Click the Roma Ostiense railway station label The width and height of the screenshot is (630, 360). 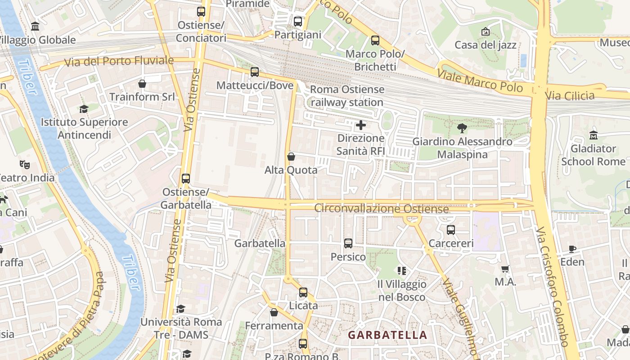click(346, 96)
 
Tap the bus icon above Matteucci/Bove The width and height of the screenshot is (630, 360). click(255, 72)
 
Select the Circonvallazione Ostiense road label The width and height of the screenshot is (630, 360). click(381, 209)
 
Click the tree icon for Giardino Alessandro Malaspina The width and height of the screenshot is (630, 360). click(462, 128)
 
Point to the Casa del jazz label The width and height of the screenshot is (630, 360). click(486, 45)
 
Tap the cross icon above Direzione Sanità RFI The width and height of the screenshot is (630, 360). click(361, 125)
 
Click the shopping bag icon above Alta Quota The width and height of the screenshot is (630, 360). click(291, 157)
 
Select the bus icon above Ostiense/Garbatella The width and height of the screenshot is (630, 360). click(185, 179)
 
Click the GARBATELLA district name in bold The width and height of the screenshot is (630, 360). click(387, 335)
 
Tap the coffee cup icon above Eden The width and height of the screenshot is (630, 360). click(572, 249)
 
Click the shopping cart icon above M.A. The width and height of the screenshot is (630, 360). click(505, 269)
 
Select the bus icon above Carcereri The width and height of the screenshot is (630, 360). click(451, 230)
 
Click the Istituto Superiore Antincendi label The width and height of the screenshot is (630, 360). click(84, 128)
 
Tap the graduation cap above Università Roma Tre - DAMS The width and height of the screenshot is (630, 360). click(180, 309)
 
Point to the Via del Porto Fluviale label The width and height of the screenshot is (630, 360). click(119, 61)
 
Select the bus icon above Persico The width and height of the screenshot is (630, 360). click(348, 243)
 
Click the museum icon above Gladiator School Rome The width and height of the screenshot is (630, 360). click(593, 135)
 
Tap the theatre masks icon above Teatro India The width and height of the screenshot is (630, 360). click(25, 165)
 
